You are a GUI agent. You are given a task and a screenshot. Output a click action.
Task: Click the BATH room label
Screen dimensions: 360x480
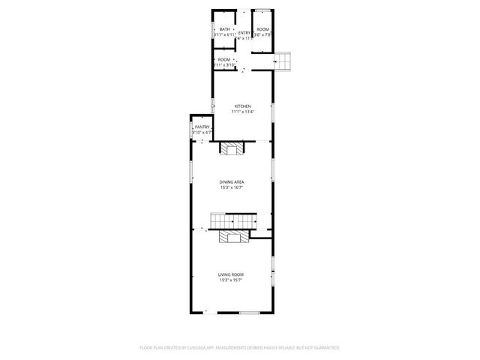click(224, 29)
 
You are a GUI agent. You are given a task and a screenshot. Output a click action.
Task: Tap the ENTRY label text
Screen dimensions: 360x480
click(244, 32)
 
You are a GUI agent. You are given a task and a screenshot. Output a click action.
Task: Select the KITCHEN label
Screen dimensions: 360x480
click(243, 106)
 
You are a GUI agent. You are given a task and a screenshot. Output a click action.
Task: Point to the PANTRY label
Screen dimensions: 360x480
click(202, 127)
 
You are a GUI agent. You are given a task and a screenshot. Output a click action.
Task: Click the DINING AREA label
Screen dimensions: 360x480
click(232, 182)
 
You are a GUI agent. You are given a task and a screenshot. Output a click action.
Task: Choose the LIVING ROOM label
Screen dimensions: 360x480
click(232, 274)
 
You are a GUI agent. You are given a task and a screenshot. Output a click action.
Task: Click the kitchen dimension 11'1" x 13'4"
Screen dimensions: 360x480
click(243, 112)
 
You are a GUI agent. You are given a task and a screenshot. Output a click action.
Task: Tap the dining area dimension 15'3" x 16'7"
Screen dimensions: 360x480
click(232, 188)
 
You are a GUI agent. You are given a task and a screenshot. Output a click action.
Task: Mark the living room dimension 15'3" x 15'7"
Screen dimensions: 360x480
click(232, 280)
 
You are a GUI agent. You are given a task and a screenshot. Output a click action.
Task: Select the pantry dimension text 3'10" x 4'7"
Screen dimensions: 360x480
click(202, 133)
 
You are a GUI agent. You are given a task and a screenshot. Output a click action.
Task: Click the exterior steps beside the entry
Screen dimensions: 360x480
click(282, 61)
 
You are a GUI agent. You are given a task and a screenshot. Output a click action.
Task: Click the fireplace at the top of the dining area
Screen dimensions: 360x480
click(232, 148)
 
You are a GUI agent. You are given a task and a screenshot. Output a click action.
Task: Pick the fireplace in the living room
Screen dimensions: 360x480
click(233, 238)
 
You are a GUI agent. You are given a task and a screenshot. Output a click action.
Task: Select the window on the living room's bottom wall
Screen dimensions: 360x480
click(249, 312)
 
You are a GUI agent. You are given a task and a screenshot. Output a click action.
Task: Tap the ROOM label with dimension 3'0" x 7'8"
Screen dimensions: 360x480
click(262, 29)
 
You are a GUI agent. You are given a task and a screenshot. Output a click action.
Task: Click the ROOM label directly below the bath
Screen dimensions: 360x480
click(224, 59)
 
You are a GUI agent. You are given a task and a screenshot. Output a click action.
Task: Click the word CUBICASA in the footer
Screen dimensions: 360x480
click(198, 348)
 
